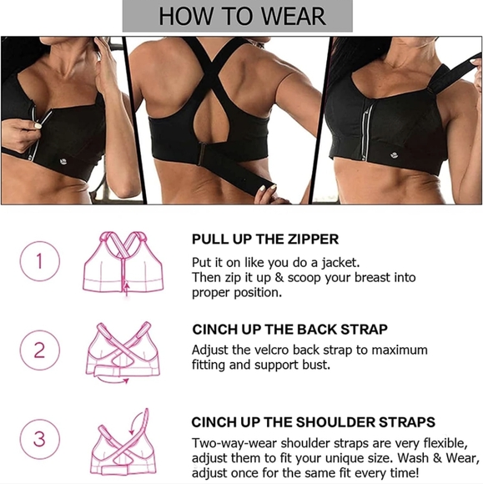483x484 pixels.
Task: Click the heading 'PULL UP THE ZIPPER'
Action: click(265, 239)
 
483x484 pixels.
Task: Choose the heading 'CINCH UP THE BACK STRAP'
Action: click(289, 330)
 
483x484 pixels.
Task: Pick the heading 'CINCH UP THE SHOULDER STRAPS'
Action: click(313, 422)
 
